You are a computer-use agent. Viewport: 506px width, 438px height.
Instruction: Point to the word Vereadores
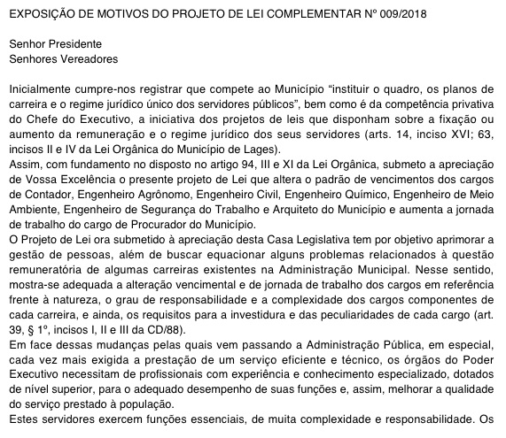point(87,58)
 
